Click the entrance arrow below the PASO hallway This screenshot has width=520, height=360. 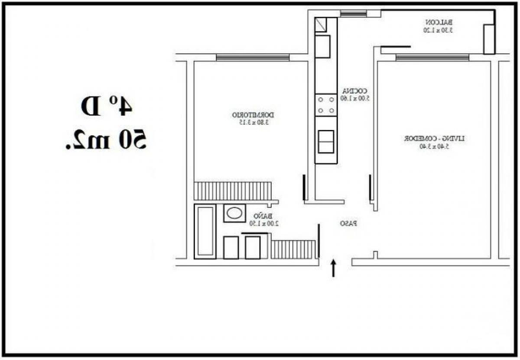334,268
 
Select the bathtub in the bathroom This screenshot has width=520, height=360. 205,231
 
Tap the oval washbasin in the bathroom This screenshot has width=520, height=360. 234,213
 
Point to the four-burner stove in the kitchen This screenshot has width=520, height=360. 326,105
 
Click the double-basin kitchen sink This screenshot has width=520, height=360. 326,142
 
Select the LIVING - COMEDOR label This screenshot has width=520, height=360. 435,139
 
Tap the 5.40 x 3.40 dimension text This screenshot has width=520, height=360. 435,146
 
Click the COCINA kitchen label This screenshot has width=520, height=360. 355,91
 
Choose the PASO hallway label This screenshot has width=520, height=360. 348,224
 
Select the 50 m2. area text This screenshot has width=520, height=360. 105,139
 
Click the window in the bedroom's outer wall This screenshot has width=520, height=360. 253,57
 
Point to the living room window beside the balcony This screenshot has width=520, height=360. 432,57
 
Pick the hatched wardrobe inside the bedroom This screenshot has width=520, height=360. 233,191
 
